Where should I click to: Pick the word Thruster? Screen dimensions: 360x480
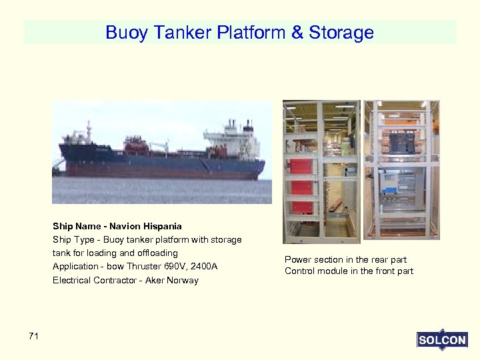point(145,267)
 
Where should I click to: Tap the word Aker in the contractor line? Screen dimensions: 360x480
point(154,281)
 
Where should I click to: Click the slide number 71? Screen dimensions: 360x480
point(34,337)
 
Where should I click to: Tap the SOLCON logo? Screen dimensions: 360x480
point(442,340)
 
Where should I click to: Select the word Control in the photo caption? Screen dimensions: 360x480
point(299,271)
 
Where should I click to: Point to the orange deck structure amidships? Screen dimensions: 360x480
point(136,143)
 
